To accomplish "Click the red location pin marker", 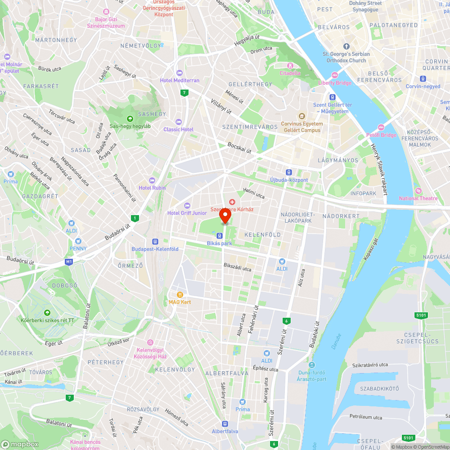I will click(225, 216).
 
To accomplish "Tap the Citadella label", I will click(290, 73).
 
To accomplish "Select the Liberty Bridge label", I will click(335, 83).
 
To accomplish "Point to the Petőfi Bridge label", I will click(381, 135).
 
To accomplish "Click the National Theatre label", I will click(418, 198).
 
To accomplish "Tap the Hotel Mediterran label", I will click(180, 81).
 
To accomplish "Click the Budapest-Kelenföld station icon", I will click(155, 241).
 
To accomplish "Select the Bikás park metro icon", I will click(219, 235).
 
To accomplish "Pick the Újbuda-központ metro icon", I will click(288, 172).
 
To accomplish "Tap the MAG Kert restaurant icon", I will click(180, 294).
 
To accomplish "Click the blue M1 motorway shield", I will click(69, 261).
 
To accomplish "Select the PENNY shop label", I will click(78, 248).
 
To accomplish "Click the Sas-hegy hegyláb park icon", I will click(130, 119).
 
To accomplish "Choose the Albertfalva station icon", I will click(225, 423).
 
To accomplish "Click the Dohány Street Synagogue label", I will click(365, 6).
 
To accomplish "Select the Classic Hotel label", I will click(178, 130).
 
